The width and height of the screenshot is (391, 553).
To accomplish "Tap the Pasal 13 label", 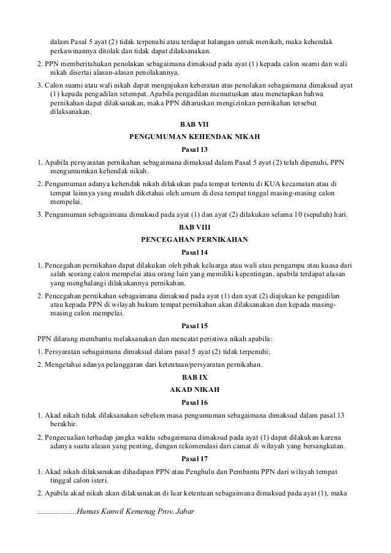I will click(195, 150).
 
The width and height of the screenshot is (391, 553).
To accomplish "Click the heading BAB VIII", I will click(195, 227).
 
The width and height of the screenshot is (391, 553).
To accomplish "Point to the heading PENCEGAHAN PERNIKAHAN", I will click(195, 239).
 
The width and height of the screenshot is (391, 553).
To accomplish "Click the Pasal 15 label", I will click(195, 326).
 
